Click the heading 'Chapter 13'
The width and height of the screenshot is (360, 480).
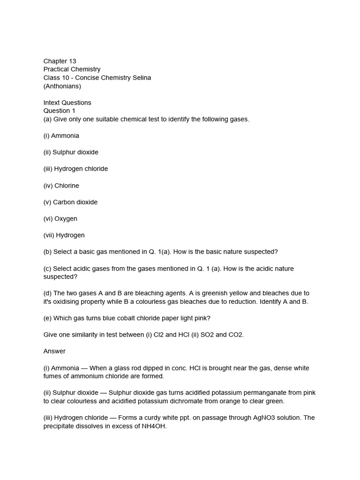(60, 61)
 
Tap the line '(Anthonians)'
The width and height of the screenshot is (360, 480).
(62, 86)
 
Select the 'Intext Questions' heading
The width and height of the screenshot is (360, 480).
(67, 103)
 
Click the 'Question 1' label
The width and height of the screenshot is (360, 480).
(59, 111)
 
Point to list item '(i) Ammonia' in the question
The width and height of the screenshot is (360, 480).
(61, 135)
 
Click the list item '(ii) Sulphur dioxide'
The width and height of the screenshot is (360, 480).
(71, 152)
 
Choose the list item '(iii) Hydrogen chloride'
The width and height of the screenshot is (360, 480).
(75, 169)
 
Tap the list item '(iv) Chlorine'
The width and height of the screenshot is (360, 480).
(61, 186)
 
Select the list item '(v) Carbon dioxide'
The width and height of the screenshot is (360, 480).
(70, 202)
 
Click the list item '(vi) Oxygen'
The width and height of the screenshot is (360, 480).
(60, 218)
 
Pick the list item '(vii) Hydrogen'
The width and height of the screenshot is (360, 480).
(64, 235)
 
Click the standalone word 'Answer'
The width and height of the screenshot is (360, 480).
(54, 351)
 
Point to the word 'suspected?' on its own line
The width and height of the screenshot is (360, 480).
(60, 277)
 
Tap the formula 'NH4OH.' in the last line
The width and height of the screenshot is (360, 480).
(154, 426)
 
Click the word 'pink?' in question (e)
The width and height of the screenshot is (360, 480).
(202, 318)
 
